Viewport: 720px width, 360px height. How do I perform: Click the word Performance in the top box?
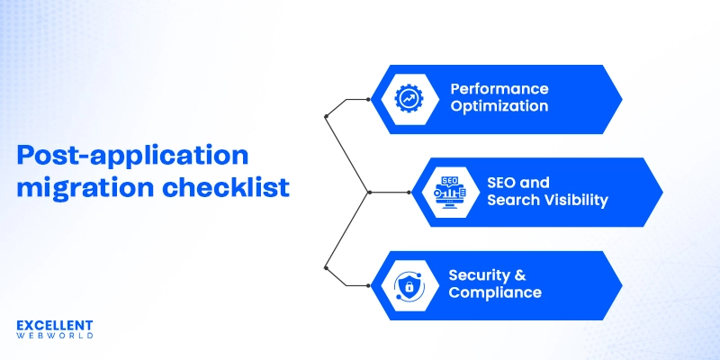[x=499, y=89]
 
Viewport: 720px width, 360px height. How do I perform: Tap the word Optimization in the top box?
[x=499, y=106]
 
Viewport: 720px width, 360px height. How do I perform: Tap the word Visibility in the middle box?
[x=575, y=200]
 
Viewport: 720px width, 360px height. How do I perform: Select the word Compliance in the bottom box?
[x=495, y=292]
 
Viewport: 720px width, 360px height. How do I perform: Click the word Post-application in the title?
[x=132, y=155]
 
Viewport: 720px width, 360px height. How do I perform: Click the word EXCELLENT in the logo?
[x=55, y=324]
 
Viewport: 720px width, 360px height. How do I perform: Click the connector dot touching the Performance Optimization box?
[x=368, y=99]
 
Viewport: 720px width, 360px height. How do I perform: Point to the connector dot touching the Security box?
[x=368, y=285]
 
